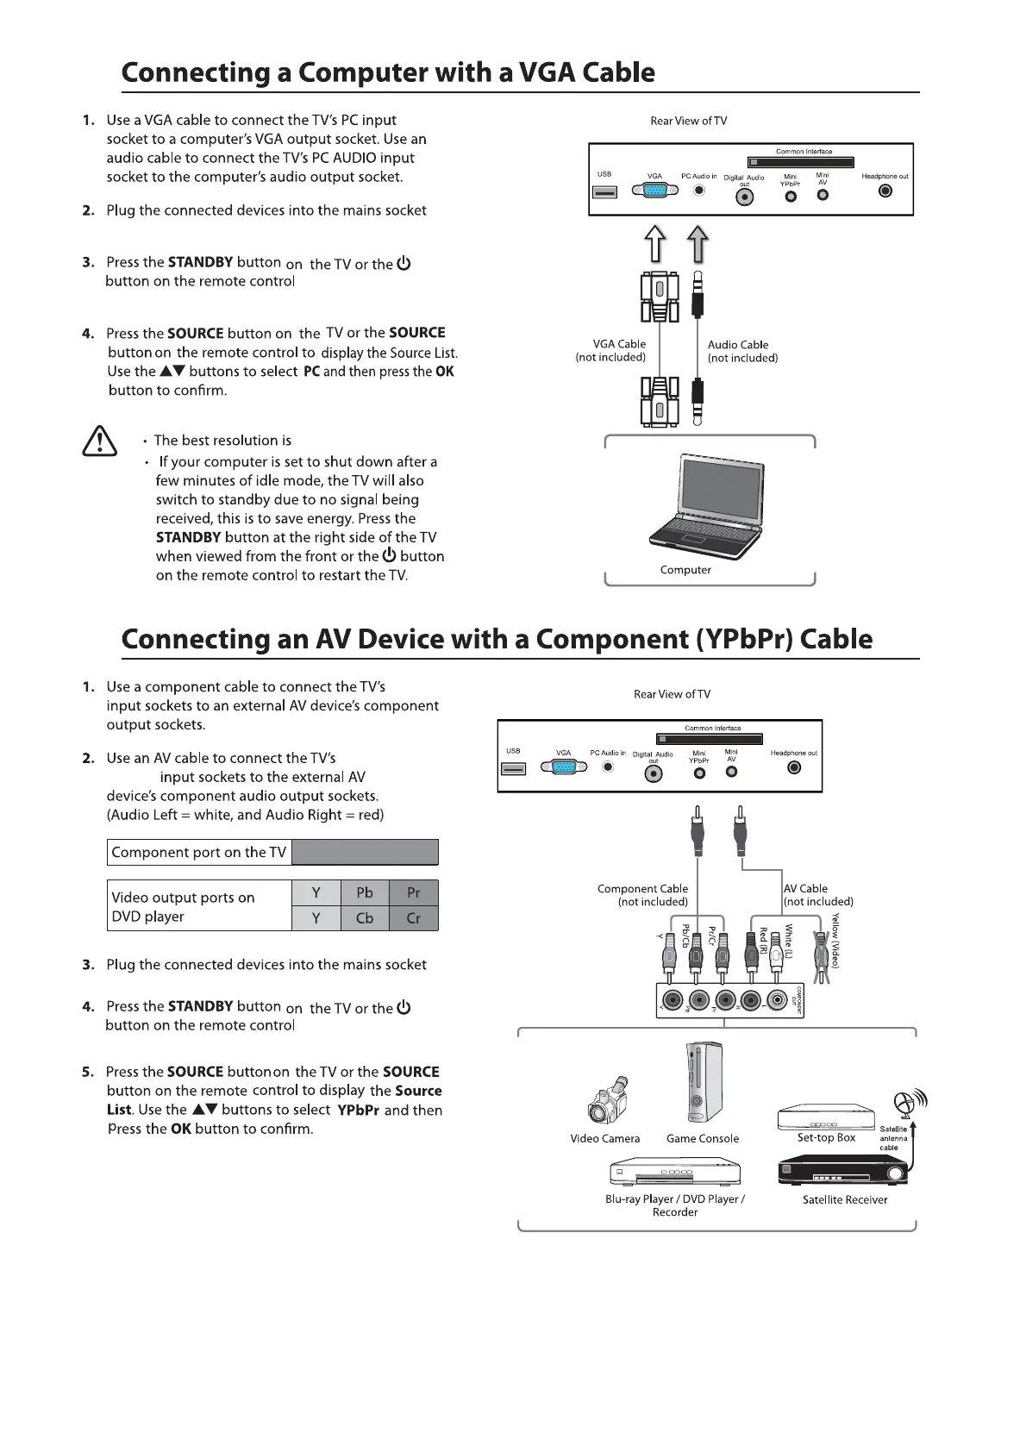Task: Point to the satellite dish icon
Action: pyautogui.click(x=904, y=1103)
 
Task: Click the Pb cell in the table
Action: pyautogui.click(x=365, y=892)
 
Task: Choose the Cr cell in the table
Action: pyautogui.click(x=414, y=918)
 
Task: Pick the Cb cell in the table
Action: pyautogui.click(x=365, y=918)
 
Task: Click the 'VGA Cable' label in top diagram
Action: pyautogui.click(x=619, y=344)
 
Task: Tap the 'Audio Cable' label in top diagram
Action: pyautogui.click(x=738, y=345)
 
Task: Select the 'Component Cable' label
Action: pyautogui.click(x=642, y=888)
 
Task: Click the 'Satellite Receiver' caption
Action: pyautogui.click(x=845, y=1199)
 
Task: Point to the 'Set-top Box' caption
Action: pyautogui.click(x=826, y=1137)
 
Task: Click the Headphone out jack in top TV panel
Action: pyautogui.click(x=885, y=191)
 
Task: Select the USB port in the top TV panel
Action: pyautogui.click(x=604, y=191)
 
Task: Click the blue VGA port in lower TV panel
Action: pyautogui.click(x=563, y=767)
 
